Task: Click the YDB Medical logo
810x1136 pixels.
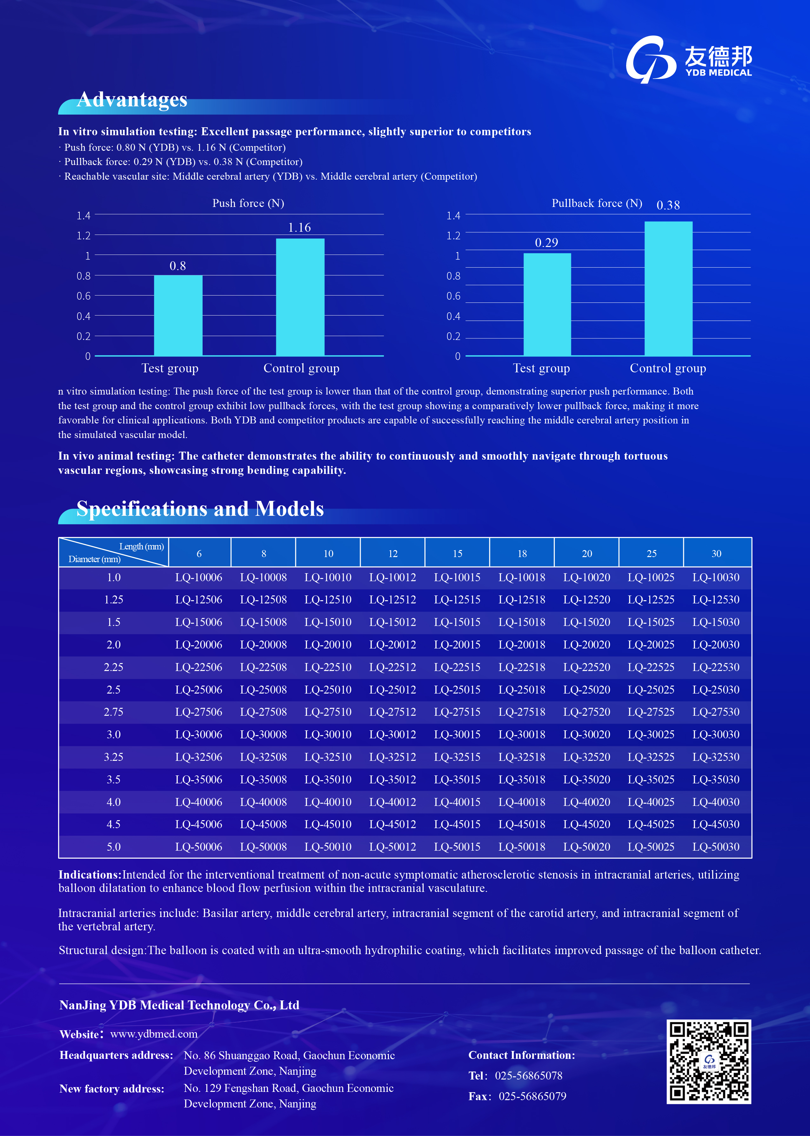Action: (688, 59)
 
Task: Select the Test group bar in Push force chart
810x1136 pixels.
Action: (178, 315)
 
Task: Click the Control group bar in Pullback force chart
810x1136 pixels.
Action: (668, 288)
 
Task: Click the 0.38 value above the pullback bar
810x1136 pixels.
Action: (668, 205)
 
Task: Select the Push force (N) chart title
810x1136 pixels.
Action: (248, 203)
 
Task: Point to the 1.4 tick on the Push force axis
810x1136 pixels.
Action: (83, 215)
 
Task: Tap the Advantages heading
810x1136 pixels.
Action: (132, 100)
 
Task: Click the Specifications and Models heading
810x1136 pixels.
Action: (200, 509)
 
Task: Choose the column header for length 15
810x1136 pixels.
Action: (457, 553)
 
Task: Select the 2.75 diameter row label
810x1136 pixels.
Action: (113, 712)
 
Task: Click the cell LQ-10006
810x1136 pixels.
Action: (198, 577)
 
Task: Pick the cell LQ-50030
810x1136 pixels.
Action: (716, 847)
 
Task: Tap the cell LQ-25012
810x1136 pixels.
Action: (392, 689)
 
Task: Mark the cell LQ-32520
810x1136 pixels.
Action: (586, 757)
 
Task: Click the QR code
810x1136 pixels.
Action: (708, 1061)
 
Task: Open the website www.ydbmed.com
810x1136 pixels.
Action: (154, 1034)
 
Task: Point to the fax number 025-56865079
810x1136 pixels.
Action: (532, 1096)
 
